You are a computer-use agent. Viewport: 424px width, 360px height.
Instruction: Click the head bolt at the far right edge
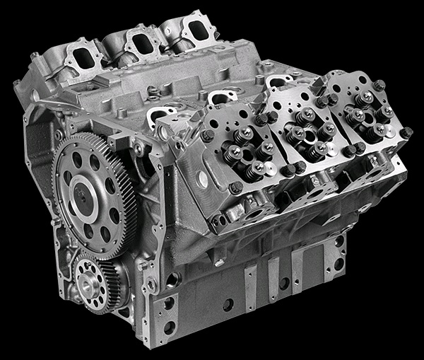pos(406,132)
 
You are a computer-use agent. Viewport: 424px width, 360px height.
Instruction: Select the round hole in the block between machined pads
pos(228,305)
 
